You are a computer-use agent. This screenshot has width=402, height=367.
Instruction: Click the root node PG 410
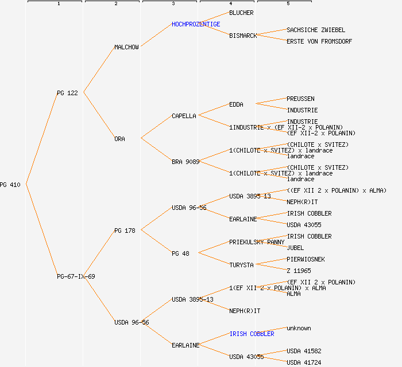[x=10, y=185]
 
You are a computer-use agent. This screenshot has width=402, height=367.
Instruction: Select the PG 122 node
[x=67, y=93]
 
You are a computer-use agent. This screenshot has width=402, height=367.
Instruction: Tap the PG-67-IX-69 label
[x=76, y=276]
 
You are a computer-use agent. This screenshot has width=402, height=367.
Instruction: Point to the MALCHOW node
[x=126, y=47]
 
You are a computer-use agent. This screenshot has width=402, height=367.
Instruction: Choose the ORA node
[x=119, y=139]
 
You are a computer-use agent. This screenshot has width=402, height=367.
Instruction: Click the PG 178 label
[x=125, y=231]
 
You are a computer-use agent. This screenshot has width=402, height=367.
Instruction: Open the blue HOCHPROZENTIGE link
[x=196, y=24]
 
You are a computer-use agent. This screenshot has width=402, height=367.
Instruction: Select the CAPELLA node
[x=184, y=116]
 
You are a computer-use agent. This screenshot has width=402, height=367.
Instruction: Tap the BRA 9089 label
[x=185, y=162]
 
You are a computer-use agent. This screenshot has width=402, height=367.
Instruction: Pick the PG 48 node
[x=180, y=253]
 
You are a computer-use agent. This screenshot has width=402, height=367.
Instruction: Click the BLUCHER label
[x=241, y=13]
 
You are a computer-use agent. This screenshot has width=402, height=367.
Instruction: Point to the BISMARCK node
[x=243, y=36]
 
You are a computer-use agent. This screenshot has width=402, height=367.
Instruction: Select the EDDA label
[x=236, y=104]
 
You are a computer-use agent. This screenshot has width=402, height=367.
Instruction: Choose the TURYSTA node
[x=241, y=265]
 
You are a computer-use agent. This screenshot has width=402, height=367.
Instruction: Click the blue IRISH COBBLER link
[x=252, y=334]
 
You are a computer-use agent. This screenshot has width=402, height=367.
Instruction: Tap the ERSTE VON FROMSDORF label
[x=319, y=41]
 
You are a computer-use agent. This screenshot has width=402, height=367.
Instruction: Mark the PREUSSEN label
[x=300, y=99]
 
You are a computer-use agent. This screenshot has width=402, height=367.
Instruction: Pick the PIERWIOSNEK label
[x=306, y=259]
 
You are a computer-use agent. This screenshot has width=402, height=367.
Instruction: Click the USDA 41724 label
[x=304, y=362]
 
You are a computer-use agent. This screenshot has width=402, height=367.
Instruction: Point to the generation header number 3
[x=173, y=4]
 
